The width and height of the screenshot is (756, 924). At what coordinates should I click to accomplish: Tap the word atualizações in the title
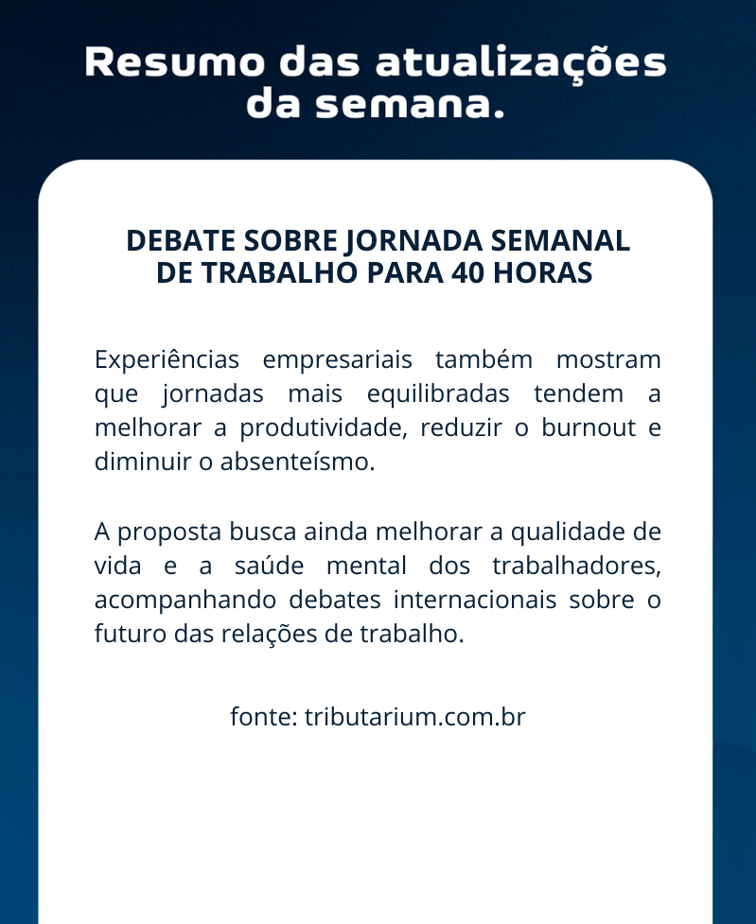[520, 63]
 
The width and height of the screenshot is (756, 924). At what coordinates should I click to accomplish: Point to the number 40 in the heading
[467, 272]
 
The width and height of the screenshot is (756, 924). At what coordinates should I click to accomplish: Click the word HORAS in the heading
[542, 272]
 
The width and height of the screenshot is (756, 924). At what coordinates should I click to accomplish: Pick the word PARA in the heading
[405, 272]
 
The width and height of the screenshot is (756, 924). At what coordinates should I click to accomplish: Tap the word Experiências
[167, 360]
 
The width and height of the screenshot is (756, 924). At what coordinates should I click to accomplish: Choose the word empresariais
[337, 360]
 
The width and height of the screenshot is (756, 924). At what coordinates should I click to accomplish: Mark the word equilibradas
[438, 394]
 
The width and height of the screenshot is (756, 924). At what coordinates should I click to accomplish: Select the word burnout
[589, 427]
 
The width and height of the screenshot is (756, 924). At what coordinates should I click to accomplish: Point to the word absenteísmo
[297, 462]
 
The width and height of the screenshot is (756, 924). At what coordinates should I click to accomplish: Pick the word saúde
[269, 566]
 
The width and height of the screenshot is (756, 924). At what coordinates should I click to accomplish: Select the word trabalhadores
[576, 566]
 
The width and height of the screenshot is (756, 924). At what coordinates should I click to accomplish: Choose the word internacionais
[475, 600]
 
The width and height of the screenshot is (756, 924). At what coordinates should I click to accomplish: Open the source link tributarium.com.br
[414, 717]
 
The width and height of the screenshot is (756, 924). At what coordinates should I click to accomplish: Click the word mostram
[608, 360]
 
